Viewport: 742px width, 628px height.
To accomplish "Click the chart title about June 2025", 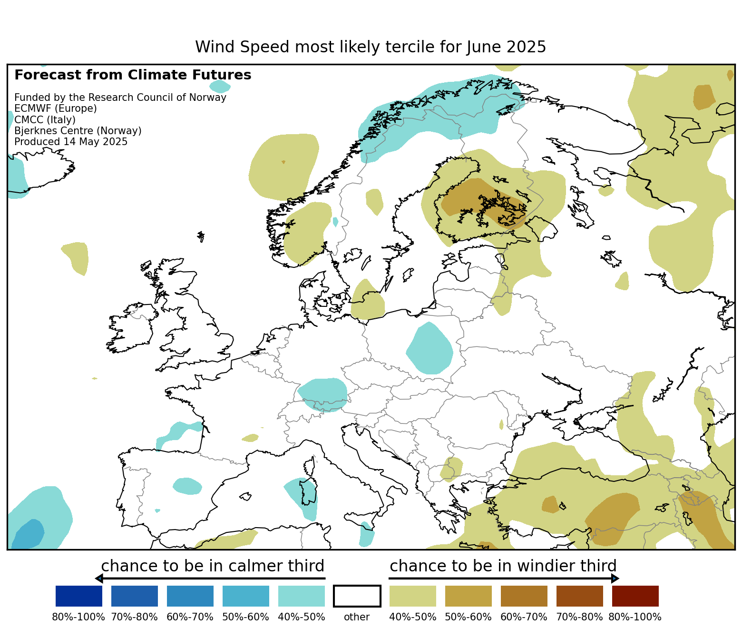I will click(371, 47).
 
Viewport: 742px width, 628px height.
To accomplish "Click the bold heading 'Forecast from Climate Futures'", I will click(133, 75).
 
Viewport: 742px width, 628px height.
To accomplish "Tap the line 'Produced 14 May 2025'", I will click(71, 142).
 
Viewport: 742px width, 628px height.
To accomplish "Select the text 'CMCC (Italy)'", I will click(45, 119).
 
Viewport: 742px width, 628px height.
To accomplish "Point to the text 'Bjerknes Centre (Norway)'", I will click(78, 131).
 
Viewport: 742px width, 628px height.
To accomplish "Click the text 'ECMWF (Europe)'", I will click(55, 108).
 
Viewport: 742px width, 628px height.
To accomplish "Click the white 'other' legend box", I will click(357, 596).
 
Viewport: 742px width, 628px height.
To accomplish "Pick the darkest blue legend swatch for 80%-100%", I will click(78, 596).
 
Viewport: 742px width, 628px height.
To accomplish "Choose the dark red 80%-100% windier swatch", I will click(635, 596).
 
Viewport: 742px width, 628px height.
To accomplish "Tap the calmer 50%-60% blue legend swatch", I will click(245, 596).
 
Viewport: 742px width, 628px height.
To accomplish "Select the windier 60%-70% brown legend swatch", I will click(524, 596).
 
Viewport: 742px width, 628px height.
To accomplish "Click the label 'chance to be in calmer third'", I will click(212, 566).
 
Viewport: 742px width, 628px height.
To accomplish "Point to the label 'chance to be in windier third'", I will click(503, 566).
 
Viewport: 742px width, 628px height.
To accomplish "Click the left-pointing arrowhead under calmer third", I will click(98, 579).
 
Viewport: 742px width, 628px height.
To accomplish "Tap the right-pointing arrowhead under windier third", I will click(615, 579).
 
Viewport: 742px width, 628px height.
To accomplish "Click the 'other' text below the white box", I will click(357, 617).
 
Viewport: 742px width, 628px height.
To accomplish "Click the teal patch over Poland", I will click(430, 348).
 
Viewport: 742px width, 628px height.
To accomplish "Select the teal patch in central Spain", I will click(187, 486).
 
